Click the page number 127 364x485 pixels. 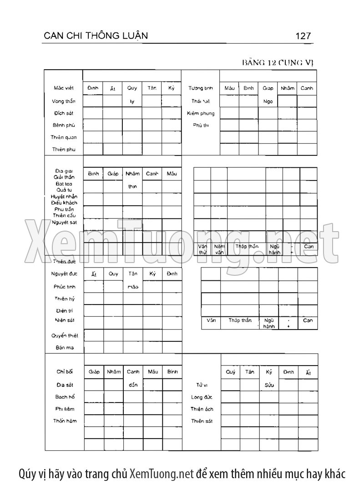(x=303, y=36)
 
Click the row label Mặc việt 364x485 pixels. (x=63, y=88)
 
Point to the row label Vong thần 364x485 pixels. (x=63, y=101)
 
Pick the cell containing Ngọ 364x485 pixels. (x=268, y=101)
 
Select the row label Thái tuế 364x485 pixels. (x=201, y=101)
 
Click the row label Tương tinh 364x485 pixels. (x=201, y=88)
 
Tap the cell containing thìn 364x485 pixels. (x=132, y=186)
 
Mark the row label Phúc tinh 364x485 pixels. (x=64, y=287)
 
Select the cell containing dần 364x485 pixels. (x=133, y=385)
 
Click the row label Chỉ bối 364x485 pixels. (x=65, y=372)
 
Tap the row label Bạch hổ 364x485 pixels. (x=65, y=397)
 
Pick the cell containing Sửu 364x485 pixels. (x=269, y=385)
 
